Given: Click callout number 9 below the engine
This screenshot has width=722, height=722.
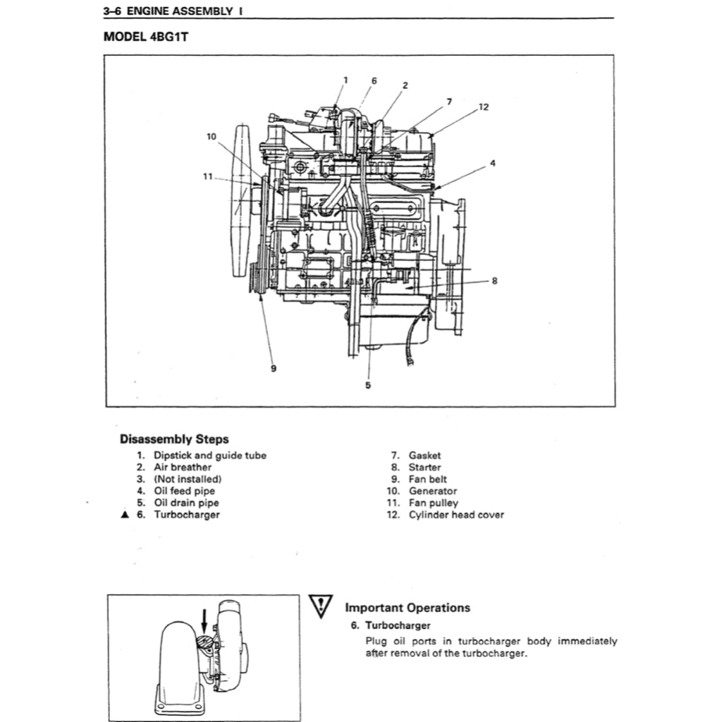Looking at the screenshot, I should (273, 368).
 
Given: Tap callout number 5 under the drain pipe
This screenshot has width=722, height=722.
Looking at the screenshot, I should (367, 385).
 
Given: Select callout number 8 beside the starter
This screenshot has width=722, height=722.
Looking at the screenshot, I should (494, 280).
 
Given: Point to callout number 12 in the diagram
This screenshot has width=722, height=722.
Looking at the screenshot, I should (483, 107).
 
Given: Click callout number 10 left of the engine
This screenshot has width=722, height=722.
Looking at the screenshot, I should (212, 136).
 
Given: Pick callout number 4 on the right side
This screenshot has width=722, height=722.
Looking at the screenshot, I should (492, 163).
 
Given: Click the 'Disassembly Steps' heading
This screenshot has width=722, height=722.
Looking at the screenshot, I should (173, 439).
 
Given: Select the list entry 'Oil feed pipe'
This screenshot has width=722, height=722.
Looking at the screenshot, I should (184, 491).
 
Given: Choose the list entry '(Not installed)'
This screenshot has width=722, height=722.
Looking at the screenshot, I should (188, 479).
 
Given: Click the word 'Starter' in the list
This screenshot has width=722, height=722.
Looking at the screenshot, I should (424, 467).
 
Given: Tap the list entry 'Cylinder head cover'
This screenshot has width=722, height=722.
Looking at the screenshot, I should (456, 515).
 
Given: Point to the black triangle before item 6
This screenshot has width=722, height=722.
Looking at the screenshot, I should (124, 515).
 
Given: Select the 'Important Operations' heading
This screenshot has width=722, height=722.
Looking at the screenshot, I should (407, 608).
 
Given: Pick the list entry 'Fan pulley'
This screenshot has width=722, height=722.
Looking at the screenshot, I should (433, 503).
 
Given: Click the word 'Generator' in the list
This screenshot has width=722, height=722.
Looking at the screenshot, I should (432, 491).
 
